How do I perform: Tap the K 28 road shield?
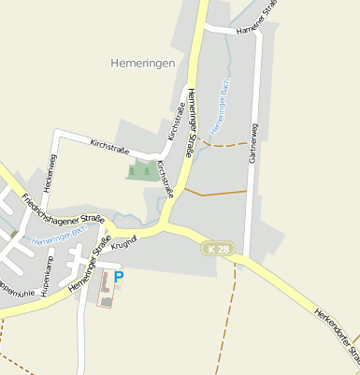(218, 249)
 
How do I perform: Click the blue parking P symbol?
(119, 277)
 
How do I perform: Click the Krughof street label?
(124, 242)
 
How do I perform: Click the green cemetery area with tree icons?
(142, 170)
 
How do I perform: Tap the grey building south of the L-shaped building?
(107, 302)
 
